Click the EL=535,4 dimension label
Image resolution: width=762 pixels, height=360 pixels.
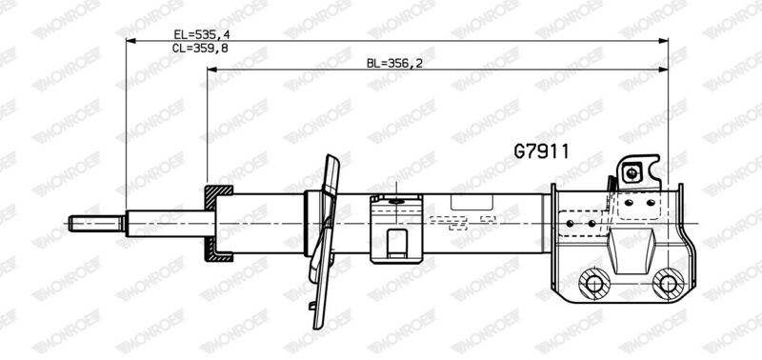(x=201, y=34)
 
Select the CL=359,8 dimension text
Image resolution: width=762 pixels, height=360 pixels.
(x=200, y=48)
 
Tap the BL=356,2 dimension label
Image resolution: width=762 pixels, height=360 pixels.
(x=394, y=63)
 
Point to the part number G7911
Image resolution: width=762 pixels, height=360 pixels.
(x=541, y=151)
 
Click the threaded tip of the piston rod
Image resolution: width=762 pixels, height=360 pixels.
(x=96, y=224)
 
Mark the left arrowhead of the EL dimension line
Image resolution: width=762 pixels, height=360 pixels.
(x=130, y=41)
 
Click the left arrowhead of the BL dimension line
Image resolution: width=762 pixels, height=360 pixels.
(x=211, y=70)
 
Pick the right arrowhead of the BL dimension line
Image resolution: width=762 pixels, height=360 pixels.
(x=663, y=70)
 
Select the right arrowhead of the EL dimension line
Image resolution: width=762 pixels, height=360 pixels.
(x=663, y=41)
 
